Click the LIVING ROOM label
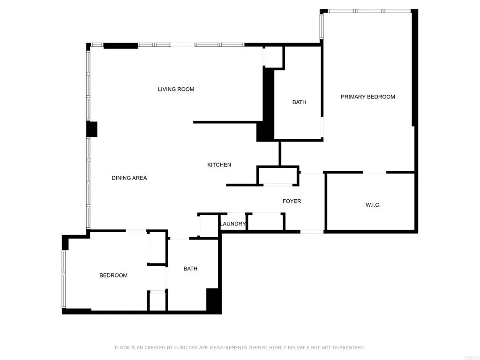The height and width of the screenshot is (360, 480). tap(176, 89)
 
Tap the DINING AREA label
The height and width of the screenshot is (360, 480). tap(129, 178)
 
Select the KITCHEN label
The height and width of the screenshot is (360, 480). tap(219, 165)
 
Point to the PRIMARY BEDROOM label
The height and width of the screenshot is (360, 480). tap(368, 97)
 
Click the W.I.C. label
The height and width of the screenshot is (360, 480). tap(373, 205)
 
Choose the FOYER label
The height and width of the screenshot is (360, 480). tap(292, 201)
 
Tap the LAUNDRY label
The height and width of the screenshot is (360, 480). tap(232, 224)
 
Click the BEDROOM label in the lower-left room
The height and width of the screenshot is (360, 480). tap(113, 275)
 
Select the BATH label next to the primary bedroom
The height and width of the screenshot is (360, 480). tap(299, 102)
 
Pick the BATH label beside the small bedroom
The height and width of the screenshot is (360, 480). tap(190, 269)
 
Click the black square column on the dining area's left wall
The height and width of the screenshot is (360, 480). tap(92, 129)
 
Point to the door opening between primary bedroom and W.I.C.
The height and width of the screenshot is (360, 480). tap(375, 172)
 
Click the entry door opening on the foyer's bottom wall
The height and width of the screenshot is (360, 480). tap(312, 231)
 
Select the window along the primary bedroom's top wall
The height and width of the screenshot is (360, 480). tap(369, 11)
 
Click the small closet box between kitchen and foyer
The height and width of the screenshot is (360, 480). tap(278, 176)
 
